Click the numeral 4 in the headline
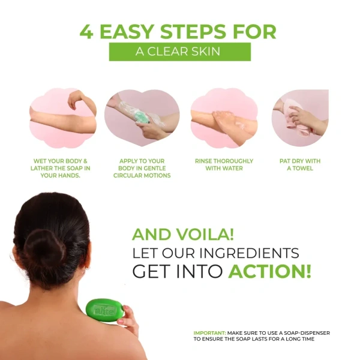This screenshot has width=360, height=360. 86,32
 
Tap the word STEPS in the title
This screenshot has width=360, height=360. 193,31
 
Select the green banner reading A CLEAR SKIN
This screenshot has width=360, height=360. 180,52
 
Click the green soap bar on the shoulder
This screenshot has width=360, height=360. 106,310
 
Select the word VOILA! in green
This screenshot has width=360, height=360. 205,234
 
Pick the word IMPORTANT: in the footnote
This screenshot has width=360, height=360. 210,333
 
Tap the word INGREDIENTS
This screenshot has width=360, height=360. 248,253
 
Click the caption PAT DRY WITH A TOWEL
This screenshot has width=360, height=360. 300,164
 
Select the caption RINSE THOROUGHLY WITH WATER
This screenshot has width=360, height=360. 224,164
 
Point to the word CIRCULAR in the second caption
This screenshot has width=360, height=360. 128,175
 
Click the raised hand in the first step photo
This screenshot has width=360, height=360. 76,98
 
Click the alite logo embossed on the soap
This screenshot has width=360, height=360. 104,311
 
